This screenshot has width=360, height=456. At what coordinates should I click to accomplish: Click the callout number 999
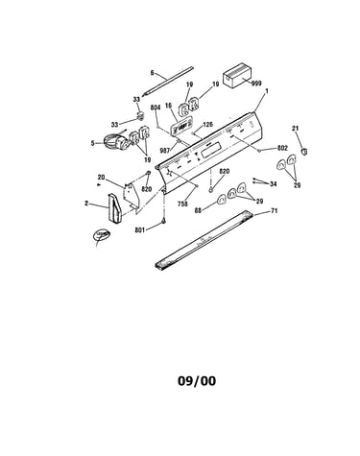pyautogui.click(x=256, y=84)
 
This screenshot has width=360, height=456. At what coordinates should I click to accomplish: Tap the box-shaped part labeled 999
pyautogui.click(x=237, y=75)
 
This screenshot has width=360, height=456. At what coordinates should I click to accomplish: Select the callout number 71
pyautogui.click(x=275, y=211)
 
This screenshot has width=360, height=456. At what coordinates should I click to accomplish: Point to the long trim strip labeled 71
pyautogui.click(x=204, y=239)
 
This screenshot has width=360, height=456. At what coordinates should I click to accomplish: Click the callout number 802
pyautogui.click(x=282, y=148)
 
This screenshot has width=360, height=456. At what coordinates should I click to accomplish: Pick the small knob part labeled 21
pyautogui.click(x=304, y=150)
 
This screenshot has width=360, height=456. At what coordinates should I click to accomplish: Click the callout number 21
pyautogui.click(x=295, y=129)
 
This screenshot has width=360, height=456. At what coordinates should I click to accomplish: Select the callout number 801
pyautogui.click(x=140, y=229)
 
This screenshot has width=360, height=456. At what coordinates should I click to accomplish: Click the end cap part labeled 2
pyautogui.click(x=114, y=207)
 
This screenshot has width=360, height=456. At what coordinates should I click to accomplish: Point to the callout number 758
pyautogui.click(x=182, y=204)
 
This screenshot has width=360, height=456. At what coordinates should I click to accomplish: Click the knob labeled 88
pyautogui.click(x=222, y=200)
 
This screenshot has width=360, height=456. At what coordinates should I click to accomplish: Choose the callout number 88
pyautogui.click(x=199, y=210)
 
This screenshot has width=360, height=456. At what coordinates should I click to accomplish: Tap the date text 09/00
pyautogui.click(x=197, y=381)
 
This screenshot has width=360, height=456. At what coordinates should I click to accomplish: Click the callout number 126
pyautogui.click(x=208, y=125)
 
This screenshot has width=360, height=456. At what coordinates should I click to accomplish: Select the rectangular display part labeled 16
pyautogui.click(x=181, y=127)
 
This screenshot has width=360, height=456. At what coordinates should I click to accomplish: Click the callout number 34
pyautogui.click(x=273, y=184)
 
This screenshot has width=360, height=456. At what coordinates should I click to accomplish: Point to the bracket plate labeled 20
pyautogui.click(x=132, y=195)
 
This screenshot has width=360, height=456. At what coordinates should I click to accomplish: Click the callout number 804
pyautogui.click(x=156, y=108)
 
